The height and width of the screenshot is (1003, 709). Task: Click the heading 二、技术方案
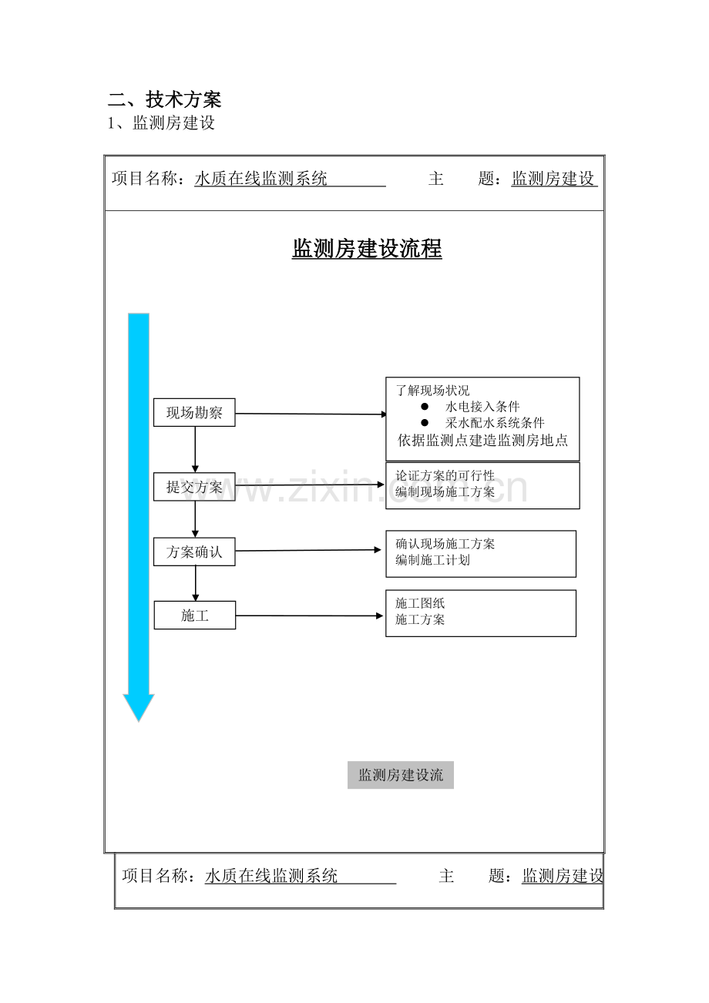coord(164,99)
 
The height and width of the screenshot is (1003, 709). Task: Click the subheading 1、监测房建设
coord(161,122)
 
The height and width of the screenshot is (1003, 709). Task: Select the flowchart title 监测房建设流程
coord(367,249)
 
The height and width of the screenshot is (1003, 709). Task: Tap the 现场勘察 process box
coord(194,412)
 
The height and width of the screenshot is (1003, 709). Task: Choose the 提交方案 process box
coord(194,486)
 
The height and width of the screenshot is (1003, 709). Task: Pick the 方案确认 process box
coord(194,552)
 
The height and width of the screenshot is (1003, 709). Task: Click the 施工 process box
coord(195,616)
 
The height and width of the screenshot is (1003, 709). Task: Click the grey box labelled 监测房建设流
coord(401,775)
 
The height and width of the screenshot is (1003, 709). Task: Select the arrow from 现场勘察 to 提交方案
coord(195,449)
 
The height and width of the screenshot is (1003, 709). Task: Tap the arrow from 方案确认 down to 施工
coord(195,583)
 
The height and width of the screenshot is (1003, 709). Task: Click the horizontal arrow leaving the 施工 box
coord(309,616)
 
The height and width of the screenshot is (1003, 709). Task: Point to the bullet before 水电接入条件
coord(425,406)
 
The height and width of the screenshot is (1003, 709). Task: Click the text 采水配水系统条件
coord(495,423)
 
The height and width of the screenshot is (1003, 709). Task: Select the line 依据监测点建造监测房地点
coord(482,441)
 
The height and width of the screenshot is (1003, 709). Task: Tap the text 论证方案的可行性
coord(445,475)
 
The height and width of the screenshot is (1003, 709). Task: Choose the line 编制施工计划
coord(432,560)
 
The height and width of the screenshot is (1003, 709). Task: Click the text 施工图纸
coord(420,603)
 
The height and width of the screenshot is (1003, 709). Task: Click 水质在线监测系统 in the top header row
coord(260,179)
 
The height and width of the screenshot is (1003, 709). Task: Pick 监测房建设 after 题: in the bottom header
coord(563,876)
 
